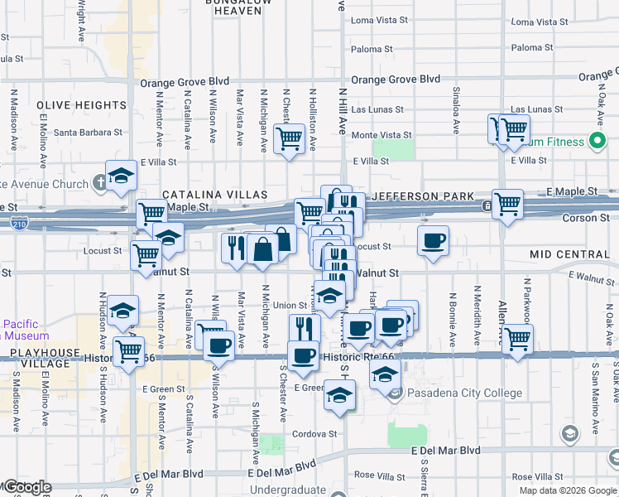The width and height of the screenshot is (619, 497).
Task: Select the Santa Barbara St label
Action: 88,132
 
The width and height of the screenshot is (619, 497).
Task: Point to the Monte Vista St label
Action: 381,135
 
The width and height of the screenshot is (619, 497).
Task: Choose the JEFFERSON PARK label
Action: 425,196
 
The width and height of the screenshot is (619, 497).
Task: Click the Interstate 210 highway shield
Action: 20,222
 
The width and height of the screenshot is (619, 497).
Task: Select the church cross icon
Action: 99,181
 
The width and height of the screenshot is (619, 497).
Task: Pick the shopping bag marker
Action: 262,248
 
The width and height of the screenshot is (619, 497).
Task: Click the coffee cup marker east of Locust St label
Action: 433,241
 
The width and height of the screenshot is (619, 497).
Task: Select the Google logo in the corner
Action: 28,487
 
